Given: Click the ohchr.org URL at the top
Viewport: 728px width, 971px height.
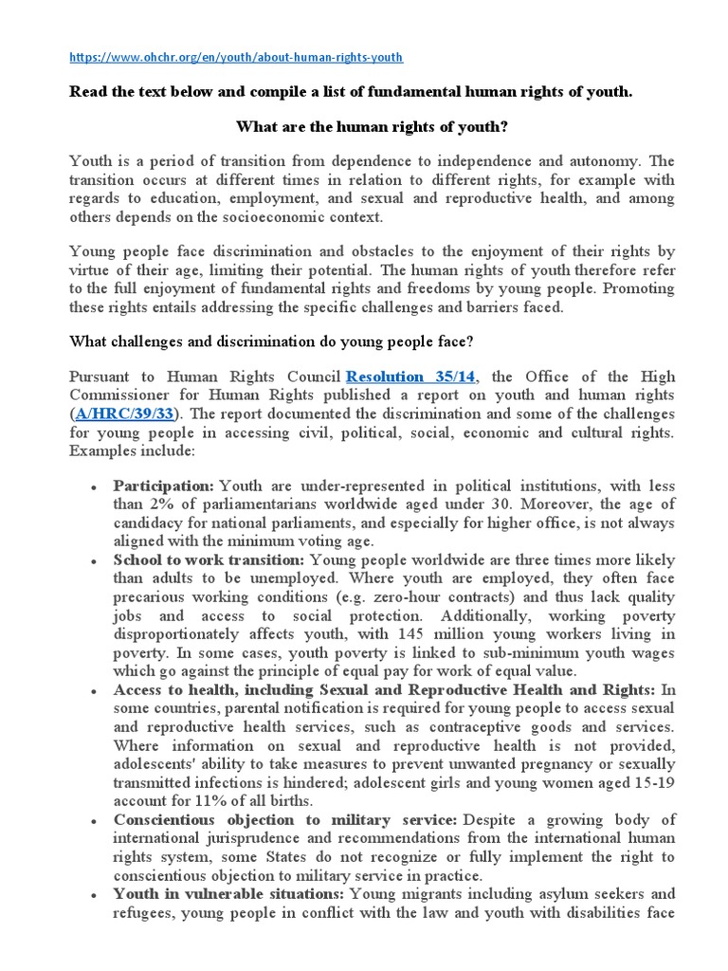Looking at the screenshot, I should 236,57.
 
